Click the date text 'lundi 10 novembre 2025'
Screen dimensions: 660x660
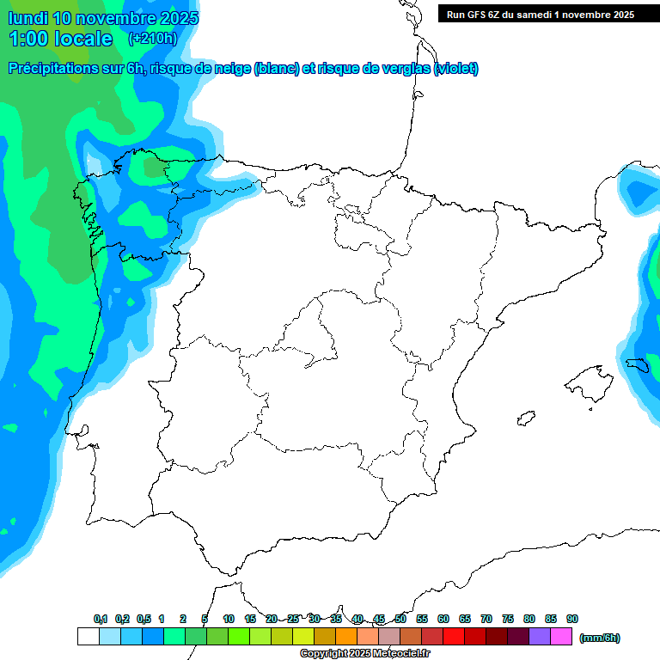pyautogui.click(x=102, y=18)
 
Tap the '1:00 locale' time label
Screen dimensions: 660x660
pyautogui.click(x=60, y=39)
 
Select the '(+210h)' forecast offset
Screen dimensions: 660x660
pyautogui.click(x=152, y=39)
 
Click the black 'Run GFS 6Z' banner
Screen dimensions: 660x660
pyautogui.click(x=540, y=15)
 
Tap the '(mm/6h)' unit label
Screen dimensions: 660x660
pyautogui.click(x=600, y=638)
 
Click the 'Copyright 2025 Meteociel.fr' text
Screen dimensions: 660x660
pyautogui.click(x=365, y=654)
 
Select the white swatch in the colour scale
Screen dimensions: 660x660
pyautogui.click(x=88, y=637)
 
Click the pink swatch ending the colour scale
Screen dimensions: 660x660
pyautogui.click(x=561, y=637)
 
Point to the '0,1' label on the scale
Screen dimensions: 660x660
pyautogui.click(x=101, y=619)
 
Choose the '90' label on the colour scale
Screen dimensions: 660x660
pyautogui.click(x=572, y=619)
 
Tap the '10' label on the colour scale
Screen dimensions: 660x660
pyautogui.click(x=229, y=619)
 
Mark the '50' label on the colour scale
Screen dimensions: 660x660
pyautogui.click(x=400, y=619)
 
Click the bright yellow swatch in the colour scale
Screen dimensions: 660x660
pyautogui.click(x=303, y=637)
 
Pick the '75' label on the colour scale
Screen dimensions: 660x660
pyautogui.click(x=508, y=619)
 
